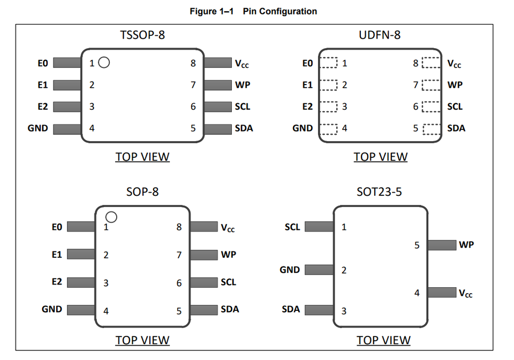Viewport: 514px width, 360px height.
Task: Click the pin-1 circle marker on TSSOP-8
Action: [104, 63]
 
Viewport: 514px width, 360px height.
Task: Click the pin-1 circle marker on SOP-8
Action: [111, 217]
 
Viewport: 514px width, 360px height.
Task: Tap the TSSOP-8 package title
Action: [142, 35]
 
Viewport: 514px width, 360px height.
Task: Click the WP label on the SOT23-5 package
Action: [466, 245]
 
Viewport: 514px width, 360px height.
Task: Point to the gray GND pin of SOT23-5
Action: [319, 270]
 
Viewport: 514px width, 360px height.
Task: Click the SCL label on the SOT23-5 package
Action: [292, 227]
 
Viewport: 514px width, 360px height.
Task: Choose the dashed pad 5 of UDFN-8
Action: [432, 128]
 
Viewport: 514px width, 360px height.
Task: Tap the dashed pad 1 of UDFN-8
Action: [329, 63]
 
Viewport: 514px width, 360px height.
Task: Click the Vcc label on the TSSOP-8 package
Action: [241, 64]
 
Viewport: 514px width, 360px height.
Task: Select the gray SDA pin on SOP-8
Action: [204, 310]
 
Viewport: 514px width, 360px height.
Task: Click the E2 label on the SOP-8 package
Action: [57, 282]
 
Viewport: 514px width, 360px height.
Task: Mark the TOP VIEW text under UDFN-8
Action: [380, 157]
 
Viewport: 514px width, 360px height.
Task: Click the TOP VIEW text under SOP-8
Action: [142, 340]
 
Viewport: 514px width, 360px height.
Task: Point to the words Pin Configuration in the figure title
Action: [279, 11]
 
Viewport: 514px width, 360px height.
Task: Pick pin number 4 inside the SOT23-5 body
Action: [417, 293]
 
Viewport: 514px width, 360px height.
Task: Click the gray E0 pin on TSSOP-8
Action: [67, 63]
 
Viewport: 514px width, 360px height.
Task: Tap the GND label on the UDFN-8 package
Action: [303, 128]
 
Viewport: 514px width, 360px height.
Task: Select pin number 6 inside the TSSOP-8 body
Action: [193, 106]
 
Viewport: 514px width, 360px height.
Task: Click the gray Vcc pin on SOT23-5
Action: [442, 293]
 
